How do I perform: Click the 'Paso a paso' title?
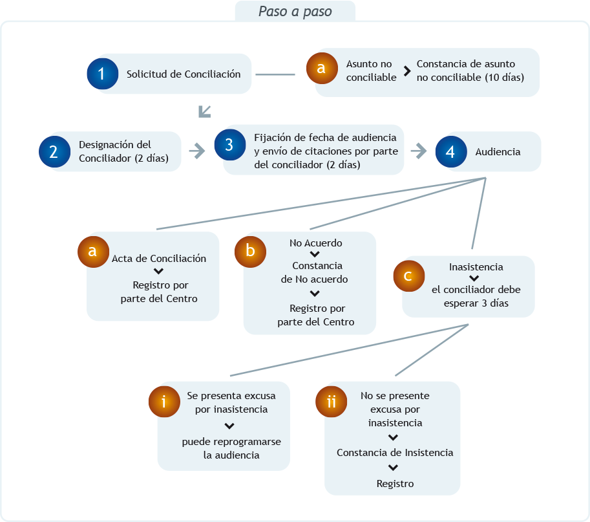[x=295, y=12]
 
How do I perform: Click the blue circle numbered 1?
[x=102, y=74]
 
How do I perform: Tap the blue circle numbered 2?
[x=54, y=151]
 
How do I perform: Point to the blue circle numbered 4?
[x=450, y=151]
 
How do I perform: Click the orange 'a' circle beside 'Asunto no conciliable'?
[x=321, y=68]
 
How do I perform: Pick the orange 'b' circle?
[x=249, y=252]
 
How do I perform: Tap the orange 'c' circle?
[x=408, y=276]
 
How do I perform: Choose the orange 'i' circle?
[x=163, y=402]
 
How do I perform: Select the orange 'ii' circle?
[x=330, y=402]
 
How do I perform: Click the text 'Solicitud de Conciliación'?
[x=184, y=74]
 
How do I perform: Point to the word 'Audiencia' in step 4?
[x=498, y=152]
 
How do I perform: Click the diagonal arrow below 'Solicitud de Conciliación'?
[x=205, y=111]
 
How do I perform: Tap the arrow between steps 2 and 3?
[x=197, y=151]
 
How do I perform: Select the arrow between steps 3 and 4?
[x=419, y=151]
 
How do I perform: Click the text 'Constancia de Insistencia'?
[x=395, y=453]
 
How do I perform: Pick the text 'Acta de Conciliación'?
[x=159, y=259]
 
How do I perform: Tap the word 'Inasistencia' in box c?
[x=476, y=266]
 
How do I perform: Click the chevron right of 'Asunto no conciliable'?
[x=407, y=71]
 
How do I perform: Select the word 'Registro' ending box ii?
[x=395, y=483]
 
